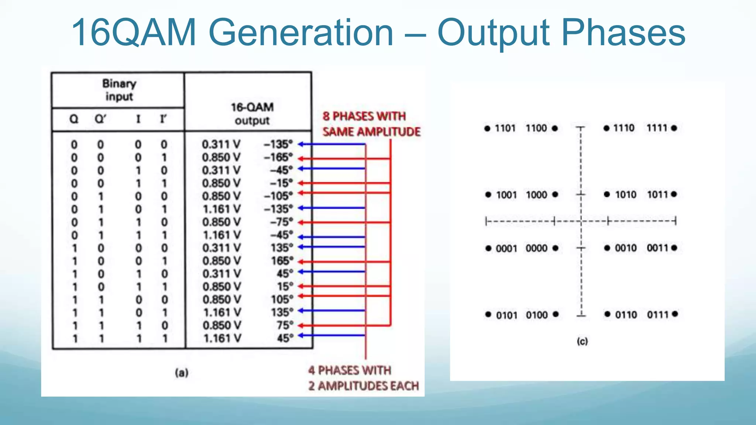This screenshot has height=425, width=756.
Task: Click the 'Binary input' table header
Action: click(x=119, y=90)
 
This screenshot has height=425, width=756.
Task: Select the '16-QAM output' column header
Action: click(x=252, y=114)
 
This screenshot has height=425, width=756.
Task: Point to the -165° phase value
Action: click(x=278, y=158)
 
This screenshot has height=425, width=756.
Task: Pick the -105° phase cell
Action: click(x=278, y=196)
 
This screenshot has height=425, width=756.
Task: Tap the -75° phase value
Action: click(x=281, y=222)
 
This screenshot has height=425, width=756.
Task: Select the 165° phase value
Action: click(x=282, y=261)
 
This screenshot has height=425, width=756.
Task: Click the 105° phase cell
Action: click(x=282, y=300)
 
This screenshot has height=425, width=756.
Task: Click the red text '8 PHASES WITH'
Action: click(x=364, y=116)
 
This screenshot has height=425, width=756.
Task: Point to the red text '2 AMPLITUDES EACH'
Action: click(x=364, y=386)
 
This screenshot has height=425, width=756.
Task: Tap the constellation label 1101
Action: click(x=505, y=128)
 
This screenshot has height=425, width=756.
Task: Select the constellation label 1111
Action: click(x=657, y=128)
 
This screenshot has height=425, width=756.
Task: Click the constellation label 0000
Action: click(x=536, y=248)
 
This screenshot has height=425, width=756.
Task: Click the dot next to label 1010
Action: click(x=607, y=194)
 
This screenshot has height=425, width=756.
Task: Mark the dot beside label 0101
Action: click(x=488, y=314)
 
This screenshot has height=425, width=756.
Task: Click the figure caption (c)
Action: click(x=582, y=341)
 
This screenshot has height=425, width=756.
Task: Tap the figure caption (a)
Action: click(x=182, y=373)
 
